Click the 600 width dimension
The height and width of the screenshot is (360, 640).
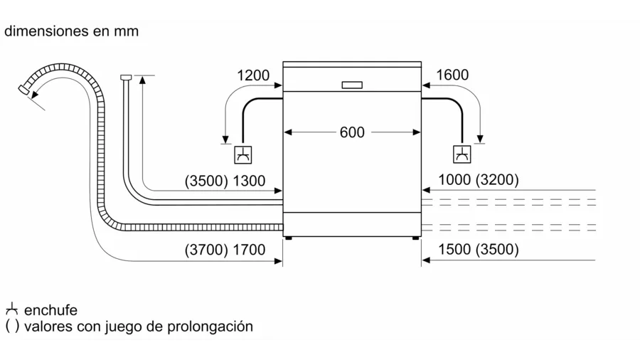tap(352, 132)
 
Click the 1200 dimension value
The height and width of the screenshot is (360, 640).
tap(253, 75)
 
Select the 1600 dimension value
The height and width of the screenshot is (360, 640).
tap(452, 75)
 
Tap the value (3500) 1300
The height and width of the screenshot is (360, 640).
tap(225, 181)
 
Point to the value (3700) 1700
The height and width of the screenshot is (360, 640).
tap(225, 250)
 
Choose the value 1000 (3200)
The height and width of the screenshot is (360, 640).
tap(479, 180)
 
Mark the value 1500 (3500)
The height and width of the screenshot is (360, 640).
tap(479, 250)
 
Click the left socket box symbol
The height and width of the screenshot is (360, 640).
tap(243, 154)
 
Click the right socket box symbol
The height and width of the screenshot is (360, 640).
tap(462, 154)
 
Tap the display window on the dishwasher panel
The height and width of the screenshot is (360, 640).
tap(352, 85)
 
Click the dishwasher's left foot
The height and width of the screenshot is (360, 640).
tap(288, 239)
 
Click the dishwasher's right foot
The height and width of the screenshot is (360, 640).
tap(415, 239)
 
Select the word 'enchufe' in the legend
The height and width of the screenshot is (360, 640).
tap(50, 310)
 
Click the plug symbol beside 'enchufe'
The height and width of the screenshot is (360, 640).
tap(11, 310)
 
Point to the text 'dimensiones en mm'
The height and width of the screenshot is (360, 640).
tap(71, 31)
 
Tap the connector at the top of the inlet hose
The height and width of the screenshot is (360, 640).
tap(126, 77)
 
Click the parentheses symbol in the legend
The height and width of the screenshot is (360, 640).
tap(12, 327)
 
